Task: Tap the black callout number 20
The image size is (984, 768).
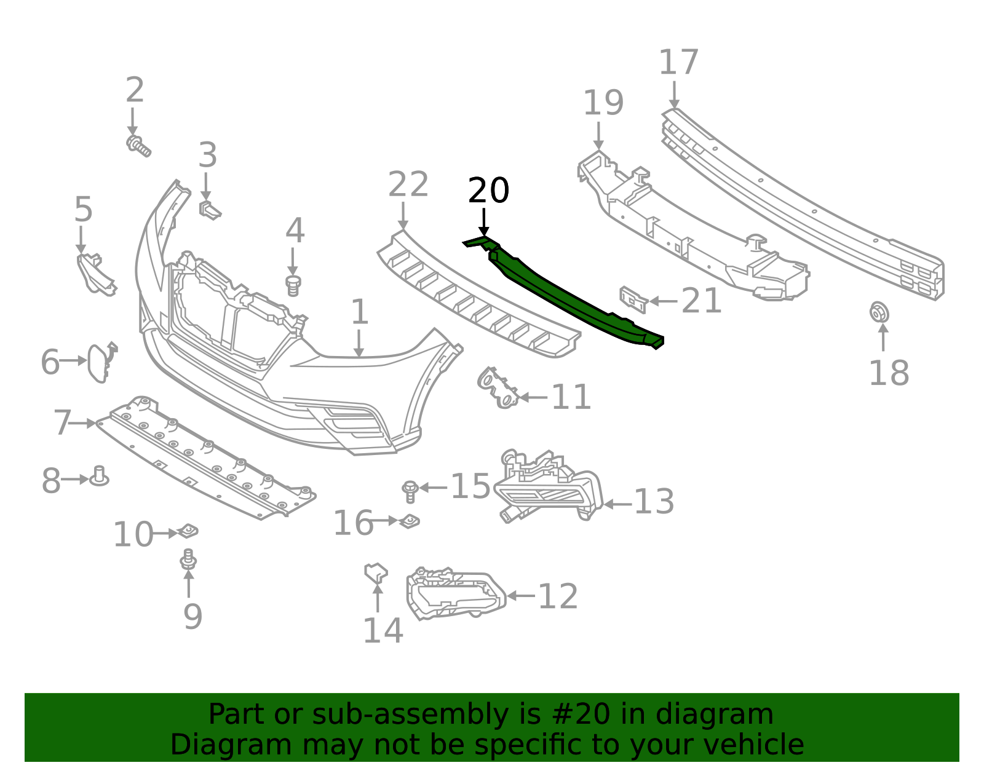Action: coord(488,191)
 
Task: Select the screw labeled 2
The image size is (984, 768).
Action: coord(138,146)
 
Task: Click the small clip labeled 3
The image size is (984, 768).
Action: coord(209,210)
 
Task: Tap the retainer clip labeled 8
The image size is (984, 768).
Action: coord(99,477)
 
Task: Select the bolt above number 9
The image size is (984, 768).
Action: coord(188,559)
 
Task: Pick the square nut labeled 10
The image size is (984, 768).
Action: coord(188,530)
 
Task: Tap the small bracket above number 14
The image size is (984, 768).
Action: coord(375,572)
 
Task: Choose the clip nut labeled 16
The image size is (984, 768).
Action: coord(410,521)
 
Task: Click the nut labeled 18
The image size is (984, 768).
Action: coord(879,312)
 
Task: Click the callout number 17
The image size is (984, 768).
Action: coord(678,63)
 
